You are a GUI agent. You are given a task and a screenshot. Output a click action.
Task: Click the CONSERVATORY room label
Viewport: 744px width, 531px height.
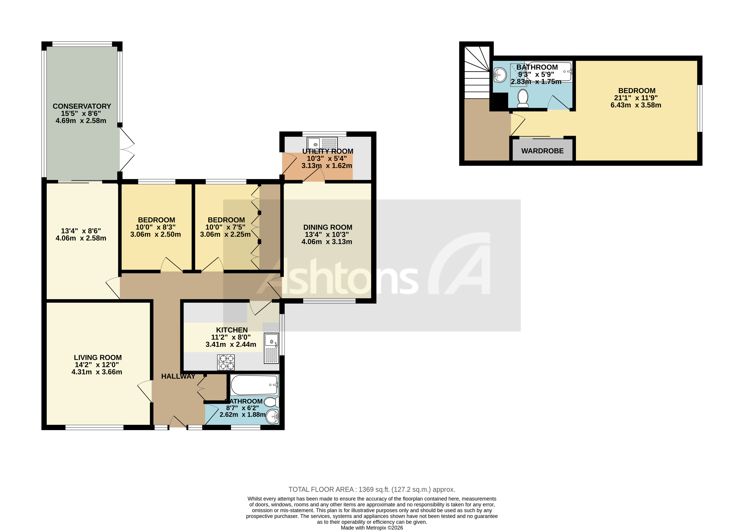click(82, 106)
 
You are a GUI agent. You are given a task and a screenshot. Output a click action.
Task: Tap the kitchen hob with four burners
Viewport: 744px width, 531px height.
click(226, 362)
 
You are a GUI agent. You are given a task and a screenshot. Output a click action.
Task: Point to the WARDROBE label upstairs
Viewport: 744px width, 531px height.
click(542, 151)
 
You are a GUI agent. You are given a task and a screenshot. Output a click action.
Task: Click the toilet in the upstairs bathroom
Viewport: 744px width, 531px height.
click(523, 98)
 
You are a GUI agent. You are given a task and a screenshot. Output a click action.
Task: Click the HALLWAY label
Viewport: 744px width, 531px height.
click(178, 376)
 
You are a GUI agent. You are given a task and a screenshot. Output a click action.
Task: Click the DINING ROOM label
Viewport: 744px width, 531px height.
click(328, 227)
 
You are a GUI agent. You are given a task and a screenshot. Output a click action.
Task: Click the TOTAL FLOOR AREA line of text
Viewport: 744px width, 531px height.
click(372, 489)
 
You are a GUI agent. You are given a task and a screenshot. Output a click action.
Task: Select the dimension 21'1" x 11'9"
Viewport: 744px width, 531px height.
click(636, 98)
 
